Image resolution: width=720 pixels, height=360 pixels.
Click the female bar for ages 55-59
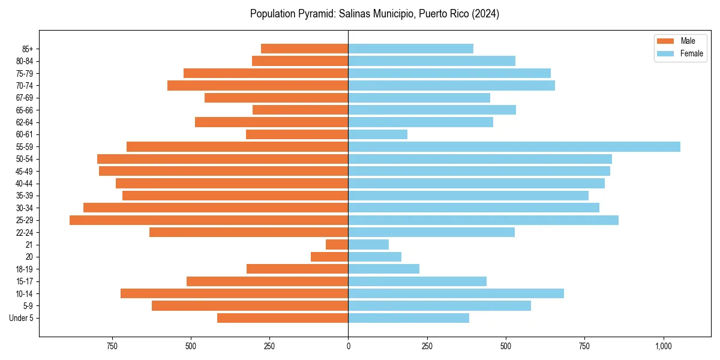(x=514, y=146)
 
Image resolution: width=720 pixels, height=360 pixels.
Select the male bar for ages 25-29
(x=209, y=220)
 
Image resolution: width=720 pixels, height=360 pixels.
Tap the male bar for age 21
(x=337, y=245)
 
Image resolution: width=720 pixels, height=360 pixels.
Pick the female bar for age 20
(x=375, y=257)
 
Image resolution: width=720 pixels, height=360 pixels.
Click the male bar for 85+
(x=305, y=49)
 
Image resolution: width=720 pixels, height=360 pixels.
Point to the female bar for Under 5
(x=409, y=318)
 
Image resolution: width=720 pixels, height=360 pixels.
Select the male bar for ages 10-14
(x=235, y=293)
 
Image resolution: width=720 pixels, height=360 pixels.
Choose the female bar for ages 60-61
(x=378, y=134)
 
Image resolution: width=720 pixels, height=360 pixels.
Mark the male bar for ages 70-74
(x=258, y=85)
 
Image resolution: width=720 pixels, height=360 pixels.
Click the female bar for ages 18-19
(x=384, y=269)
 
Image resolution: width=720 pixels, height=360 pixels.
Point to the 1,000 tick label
(x=663, y=347)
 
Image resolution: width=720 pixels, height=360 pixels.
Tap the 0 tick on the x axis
(x=348, y=347)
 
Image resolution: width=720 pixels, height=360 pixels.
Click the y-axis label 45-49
(x=24, y=171)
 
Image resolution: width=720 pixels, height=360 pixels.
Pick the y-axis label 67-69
(x=24, y=98)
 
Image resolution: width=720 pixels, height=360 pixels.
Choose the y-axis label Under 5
(x=21, y=318)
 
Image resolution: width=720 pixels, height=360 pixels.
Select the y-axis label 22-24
(x=24, y=233)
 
